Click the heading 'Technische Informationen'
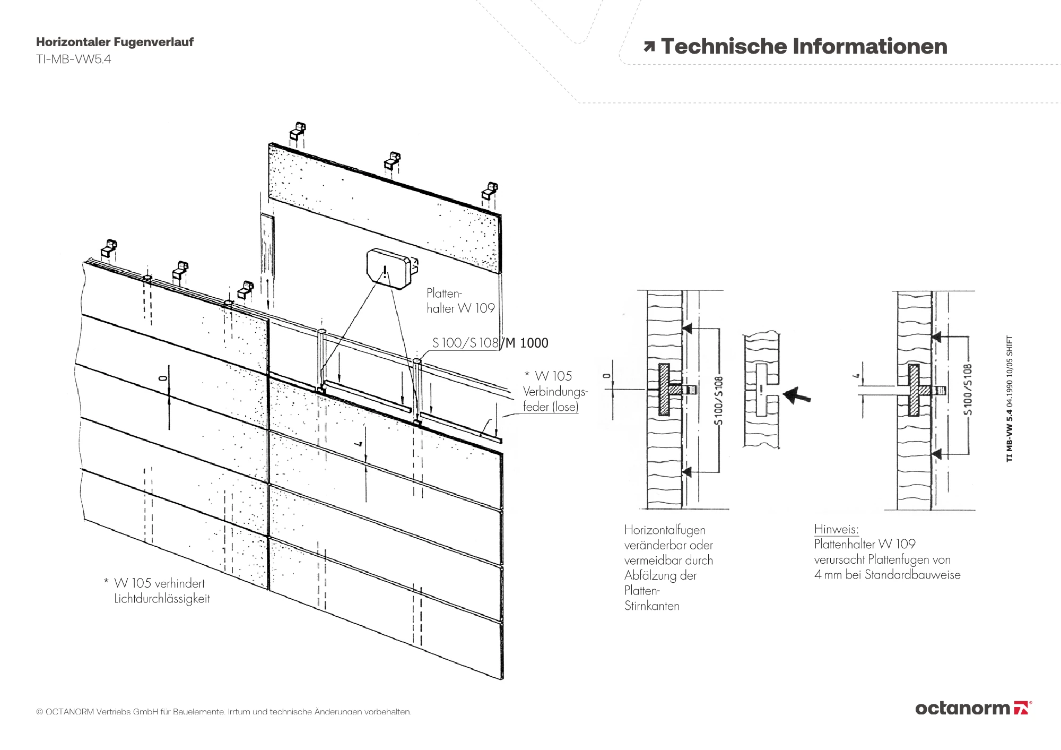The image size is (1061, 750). (x=804, y=47)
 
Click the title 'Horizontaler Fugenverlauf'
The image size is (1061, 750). (x=115, y=42)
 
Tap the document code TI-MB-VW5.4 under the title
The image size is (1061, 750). (x=73, y=59)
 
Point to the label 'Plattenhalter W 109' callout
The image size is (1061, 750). (x=460, y=301)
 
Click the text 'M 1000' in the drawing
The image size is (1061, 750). (x=527, y=343)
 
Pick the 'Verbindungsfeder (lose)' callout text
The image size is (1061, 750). (x=555, y=399)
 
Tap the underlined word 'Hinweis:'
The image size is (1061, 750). (x=836, y=529)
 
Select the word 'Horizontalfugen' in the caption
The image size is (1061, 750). (x=665, y=530)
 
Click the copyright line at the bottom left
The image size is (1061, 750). (x=223, y=711)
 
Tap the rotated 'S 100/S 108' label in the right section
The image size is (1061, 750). (x=968, y=390)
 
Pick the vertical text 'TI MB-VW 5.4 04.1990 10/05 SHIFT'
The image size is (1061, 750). (x=1010, y=398)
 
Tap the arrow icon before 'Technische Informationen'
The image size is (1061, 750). (x=649, y=47)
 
